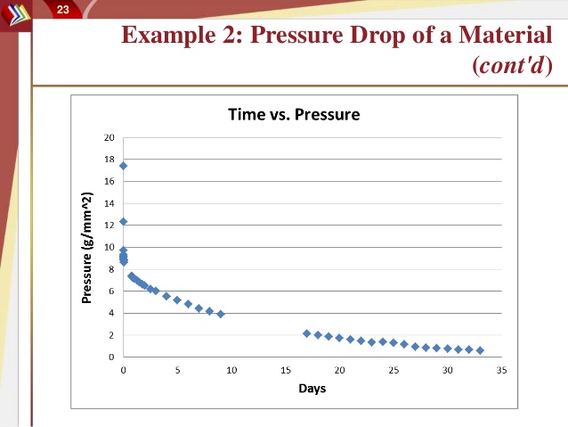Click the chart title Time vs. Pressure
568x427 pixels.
[x=294, y=114]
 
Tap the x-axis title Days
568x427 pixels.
[x=312, y=389]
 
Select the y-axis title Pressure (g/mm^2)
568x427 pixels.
[x=87, y=248]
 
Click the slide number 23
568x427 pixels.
[x=63, y=9]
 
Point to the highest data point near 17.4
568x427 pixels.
[x=123, y=166]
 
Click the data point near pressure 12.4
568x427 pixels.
[x=123, y=221]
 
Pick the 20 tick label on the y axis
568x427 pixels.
[x=110, y=137]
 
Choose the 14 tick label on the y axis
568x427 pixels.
[x=110, y=203]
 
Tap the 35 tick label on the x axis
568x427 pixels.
[x=501, y=369]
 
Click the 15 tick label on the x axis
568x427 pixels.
[x=285, y=369]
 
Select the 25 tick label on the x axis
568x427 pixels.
[x=394, y=369]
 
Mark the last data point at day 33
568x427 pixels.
[x=480, y=350]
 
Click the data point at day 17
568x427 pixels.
[x=307, y=333]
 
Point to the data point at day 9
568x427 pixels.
[x=221, y=314]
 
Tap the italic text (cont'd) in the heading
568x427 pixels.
[x=515, y=66]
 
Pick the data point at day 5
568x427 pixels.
[x=177, y=300]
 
